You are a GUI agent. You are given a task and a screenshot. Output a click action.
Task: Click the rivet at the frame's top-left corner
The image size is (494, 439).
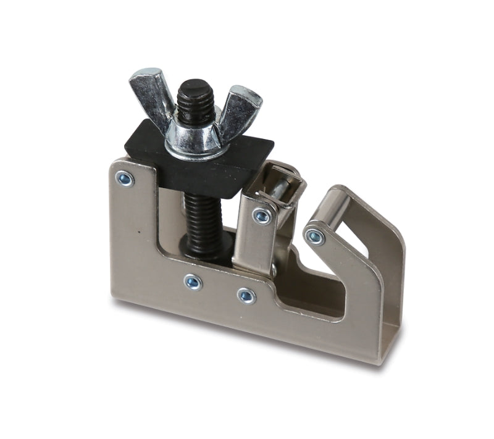click(x=125, y=179)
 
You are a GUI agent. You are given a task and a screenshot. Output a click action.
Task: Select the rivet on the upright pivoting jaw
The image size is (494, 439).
click(x=262, y=215)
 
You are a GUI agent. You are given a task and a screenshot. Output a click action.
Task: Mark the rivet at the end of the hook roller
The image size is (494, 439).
click(x=315, y=236)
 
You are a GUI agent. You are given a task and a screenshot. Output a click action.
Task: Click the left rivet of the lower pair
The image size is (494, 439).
click(x=193, y=282)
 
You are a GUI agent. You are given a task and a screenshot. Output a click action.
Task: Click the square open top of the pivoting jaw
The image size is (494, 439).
click(x=281, y=180)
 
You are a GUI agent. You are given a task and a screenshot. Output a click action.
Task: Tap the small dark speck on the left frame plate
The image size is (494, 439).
click(x=141, y=233)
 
